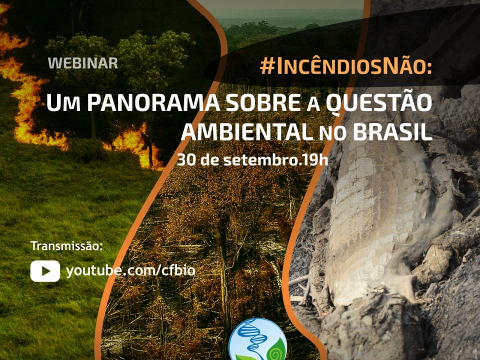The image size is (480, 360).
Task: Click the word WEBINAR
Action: (83, 63)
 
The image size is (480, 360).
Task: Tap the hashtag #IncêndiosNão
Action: (346, 66)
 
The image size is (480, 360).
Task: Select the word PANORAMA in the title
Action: (153, 103)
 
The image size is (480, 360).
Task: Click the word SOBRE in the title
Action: (263, 103)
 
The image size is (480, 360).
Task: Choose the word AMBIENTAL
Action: (248, 132)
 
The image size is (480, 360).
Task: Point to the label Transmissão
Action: (66, 246)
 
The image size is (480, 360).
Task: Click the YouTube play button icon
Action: (45, 271)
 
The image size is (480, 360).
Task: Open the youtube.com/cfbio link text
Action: (130, 271)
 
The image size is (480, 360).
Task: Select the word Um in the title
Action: (63, 103)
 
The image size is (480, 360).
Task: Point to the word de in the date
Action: (210, 160)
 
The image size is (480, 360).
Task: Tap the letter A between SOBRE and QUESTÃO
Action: (313, 105)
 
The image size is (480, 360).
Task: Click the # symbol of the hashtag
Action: (267, 66)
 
